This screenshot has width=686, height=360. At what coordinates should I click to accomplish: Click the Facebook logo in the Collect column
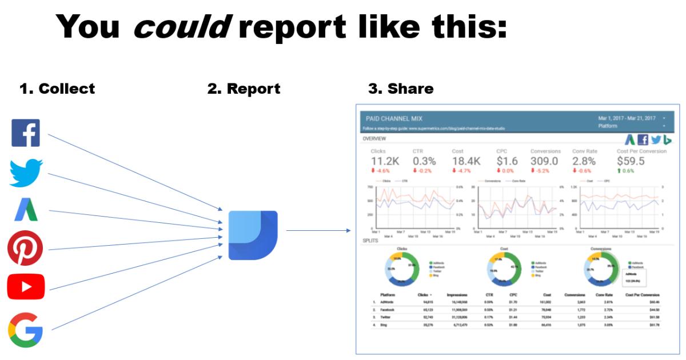click(26, 133)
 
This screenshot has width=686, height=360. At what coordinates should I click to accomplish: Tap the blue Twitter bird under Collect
click(26, 173)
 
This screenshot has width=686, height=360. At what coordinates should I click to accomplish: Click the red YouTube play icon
click(26, 287)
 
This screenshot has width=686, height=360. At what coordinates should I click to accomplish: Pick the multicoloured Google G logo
click(26, 330)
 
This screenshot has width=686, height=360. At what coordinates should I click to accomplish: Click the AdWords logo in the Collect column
click(26, 210)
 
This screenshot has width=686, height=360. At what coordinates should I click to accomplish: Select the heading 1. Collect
click(57, 89)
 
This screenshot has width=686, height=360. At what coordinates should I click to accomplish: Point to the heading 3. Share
click(401, 89)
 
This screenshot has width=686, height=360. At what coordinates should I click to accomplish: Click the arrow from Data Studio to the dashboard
click(318, 231)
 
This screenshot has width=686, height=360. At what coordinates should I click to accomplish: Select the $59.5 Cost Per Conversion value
click(631, 161)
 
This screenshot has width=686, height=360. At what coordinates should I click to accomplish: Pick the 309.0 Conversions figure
click(544, 161)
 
